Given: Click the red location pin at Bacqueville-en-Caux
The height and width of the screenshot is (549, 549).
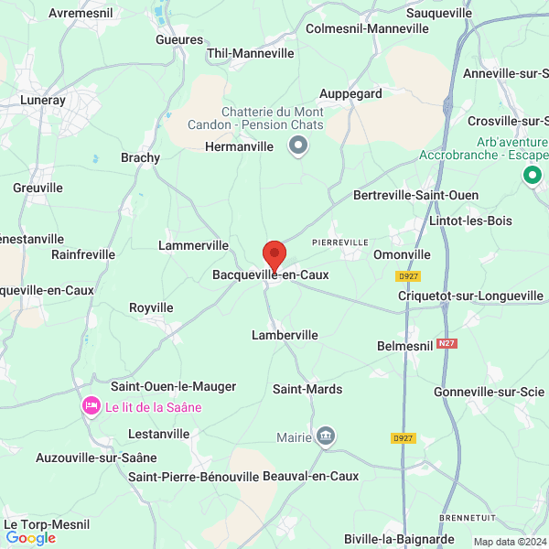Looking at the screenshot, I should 274,254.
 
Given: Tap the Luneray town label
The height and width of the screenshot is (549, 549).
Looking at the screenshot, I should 43,101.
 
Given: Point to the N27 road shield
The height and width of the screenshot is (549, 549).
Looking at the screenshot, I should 447,344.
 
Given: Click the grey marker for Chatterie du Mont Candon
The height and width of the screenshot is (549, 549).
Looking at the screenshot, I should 298,145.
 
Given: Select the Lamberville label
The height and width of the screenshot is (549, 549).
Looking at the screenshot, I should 285,336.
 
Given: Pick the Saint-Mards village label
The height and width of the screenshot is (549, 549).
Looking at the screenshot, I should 307,390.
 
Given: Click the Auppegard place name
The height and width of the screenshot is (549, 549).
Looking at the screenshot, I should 350,93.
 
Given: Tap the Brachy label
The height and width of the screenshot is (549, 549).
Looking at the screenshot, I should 140,157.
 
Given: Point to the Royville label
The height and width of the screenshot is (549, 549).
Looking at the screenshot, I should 151,307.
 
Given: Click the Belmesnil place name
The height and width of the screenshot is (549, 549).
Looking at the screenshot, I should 404,346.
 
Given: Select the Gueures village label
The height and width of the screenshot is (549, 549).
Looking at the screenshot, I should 179,40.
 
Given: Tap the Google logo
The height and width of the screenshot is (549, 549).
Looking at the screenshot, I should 30,538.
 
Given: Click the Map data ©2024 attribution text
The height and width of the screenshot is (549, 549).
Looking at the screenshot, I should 508,541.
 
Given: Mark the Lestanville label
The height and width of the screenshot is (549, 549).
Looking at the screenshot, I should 159,433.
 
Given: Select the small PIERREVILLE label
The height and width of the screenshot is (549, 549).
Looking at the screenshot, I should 339,242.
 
